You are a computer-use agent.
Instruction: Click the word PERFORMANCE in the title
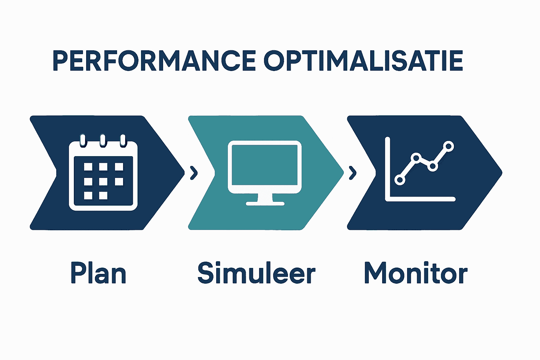coord(154,60)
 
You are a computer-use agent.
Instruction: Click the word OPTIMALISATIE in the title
coord(363,60)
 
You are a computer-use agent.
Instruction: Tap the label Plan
coord(98,273)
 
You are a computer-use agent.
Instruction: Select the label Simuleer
coord(256,273)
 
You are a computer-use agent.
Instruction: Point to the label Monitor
coord(416,273)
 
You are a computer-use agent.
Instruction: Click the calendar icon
coord(103,174)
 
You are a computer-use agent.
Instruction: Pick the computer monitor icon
coord(265,173)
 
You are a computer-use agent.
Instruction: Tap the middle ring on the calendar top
coord(103,140)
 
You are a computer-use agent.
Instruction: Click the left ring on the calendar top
coord(83,140)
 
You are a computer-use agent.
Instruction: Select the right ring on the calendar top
coord(123,140)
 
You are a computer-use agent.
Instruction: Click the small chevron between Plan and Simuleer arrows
coord(194,173)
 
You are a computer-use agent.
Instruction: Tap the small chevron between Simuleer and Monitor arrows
coord(353,173)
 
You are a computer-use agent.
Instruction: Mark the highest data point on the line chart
coord(448,146)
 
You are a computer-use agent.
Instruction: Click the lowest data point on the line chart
coord(400,180)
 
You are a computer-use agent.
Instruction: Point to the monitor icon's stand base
coord(265,203)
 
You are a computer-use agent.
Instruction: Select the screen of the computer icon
coord(265,167)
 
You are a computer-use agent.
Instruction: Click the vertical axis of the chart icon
coord(387,169)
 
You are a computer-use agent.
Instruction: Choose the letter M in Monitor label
coord(375,273)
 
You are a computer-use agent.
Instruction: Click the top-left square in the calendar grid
coord(88,167)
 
